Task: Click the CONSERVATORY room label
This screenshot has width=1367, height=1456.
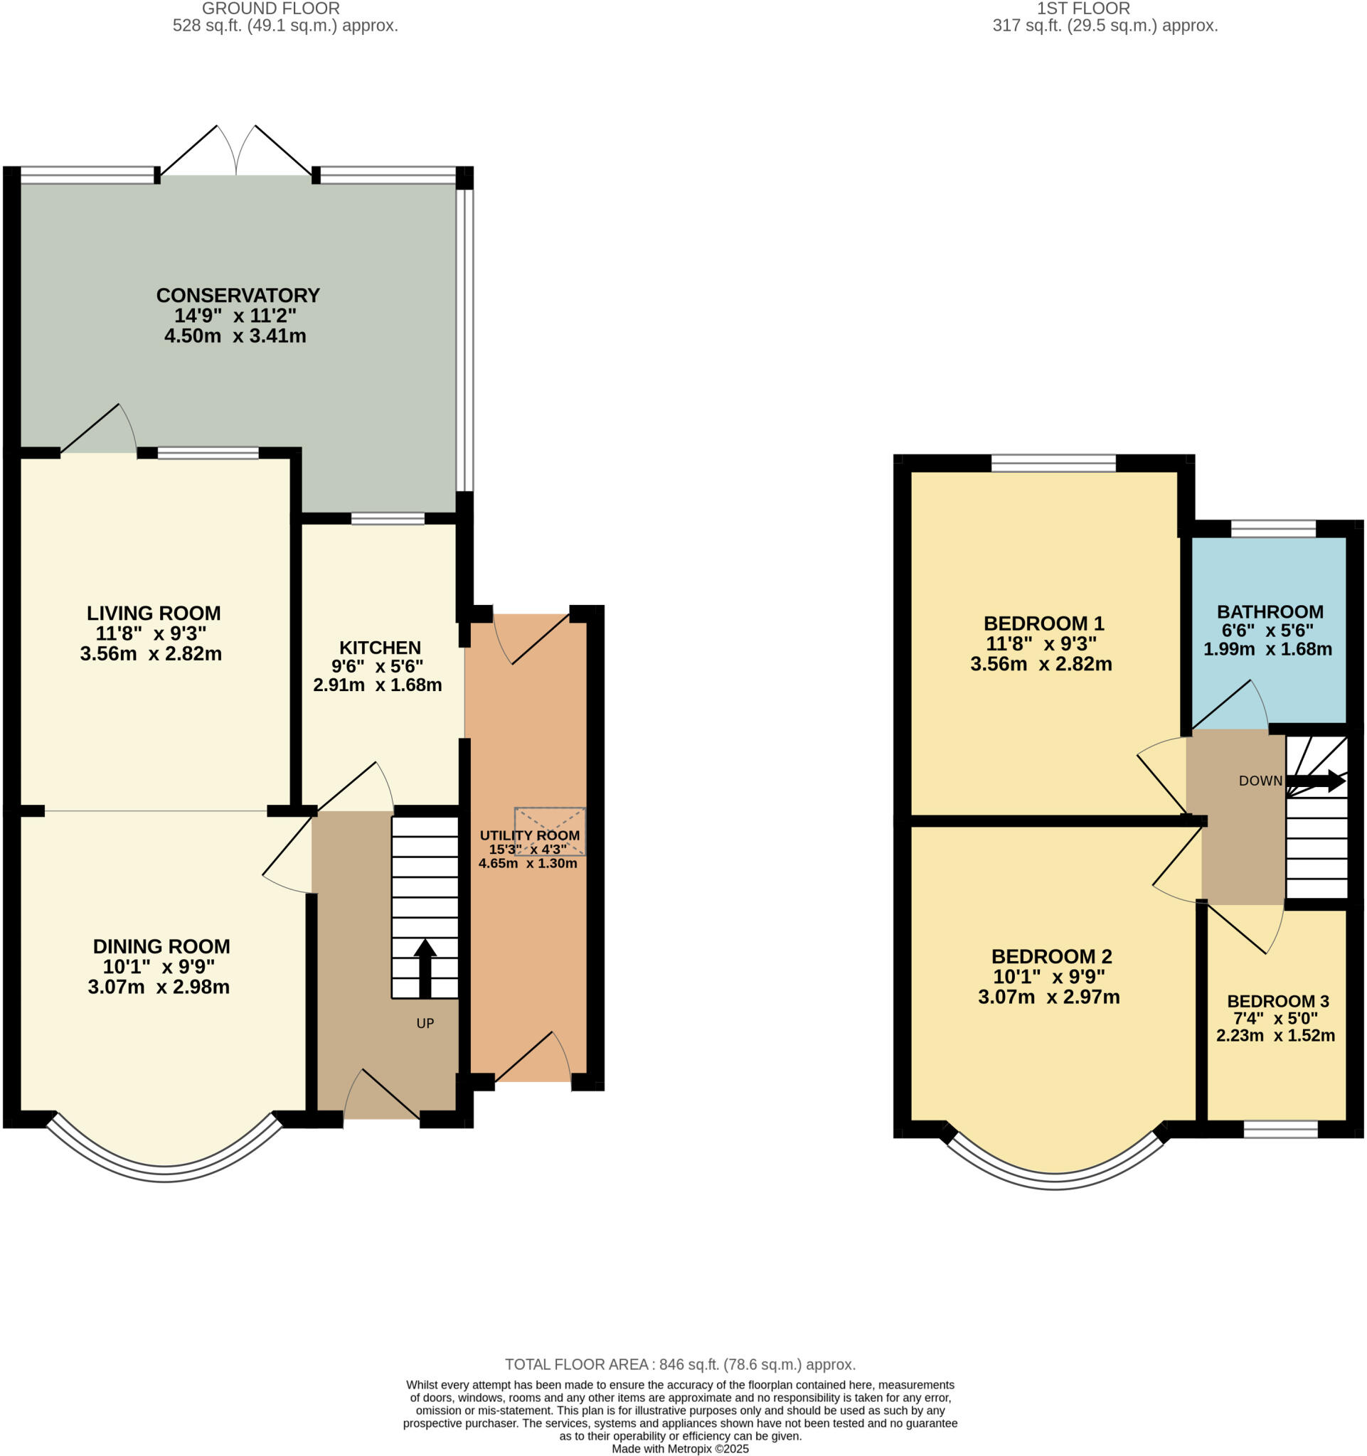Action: click(x=238, y=295)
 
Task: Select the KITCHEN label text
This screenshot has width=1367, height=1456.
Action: click(x=380, y=648)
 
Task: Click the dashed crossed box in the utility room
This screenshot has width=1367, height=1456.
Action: click(x=550, y=831)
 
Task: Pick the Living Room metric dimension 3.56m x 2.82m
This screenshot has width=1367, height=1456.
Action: click(x=151, y=654)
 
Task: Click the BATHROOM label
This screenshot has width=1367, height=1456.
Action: click(x=1270, y=611)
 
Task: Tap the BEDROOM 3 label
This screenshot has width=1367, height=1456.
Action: click(x=1277, y=1000)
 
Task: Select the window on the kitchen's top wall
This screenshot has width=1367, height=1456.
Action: click(x=388, y=518)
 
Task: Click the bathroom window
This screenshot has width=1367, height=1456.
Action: click(x=1272, y=529)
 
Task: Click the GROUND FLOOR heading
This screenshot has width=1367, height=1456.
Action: click(x=270, y=9)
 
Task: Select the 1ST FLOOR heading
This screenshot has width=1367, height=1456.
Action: click(x=1083, y=9)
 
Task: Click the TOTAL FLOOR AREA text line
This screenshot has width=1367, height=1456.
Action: click(x=680, y=1364)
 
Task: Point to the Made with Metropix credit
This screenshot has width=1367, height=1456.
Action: click(x=680, y=1449)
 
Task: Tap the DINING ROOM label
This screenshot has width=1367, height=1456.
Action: click(x=161, y=946)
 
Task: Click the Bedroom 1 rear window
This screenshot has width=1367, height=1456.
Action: click(x=1053, y=463)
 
